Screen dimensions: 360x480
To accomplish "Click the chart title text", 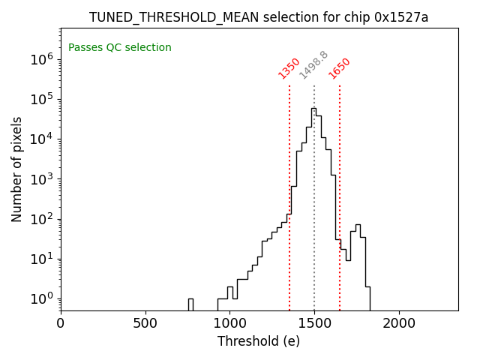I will click(259, 17).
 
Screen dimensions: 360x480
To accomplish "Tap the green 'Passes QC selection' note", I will click(120, 48).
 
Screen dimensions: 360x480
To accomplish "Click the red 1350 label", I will click(289, 68).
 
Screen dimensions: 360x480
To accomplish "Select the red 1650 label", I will click(339, 68).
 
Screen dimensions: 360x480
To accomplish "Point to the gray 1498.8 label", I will click(313, 65).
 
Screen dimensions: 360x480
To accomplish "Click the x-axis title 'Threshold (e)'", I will click(259, 341).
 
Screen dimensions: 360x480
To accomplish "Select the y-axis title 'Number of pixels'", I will click(17, 169).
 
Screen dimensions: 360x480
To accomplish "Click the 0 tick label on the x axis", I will click(61, 323).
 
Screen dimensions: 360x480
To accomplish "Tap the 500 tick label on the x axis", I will click(145, 323).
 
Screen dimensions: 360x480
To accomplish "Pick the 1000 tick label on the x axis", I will click(229, 323).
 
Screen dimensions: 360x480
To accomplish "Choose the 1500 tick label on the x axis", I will click(314, 323).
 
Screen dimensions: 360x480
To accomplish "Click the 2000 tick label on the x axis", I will click(398, 323).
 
